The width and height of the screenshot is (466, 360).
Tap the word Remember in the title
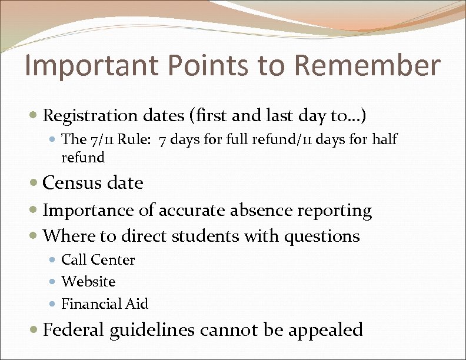pos(368,66)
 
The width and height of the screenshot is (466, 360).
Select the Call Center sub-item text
pos(98,260)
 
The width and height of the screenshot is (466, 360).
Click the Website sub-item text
pos(88,282)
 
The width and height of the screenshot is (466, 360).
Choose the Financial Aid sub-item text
pos(105,304)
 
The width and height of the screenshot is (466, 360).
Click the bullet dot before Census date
pos(36,184)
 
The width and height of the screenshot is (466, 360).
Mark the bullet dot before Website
pos(55,282)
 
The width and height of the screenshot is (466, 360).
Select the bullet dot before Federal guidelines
pos(36,330)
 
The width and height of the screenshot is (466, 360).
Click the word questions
pos(322,236)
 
